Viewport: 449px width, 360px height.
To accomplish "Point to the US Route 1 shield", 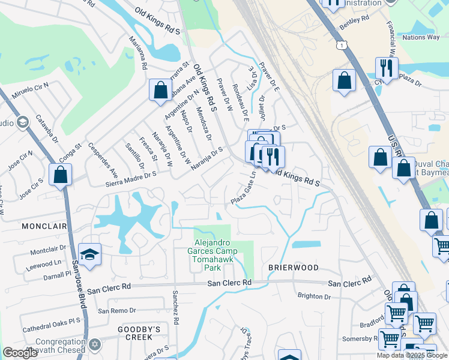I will (x=342, y=46).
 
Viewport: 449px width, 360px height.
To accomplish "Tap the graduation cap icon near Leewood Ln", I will (x=89, y=255).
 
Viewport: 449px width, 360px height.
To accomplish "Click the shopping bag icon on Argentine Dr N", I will (x=160, y=91).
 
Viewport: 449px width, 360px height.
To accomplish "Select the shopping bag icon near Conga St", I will (x=60, y=175).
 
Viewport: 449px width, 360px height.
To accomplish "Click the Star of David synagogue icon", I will (x=95, y=344).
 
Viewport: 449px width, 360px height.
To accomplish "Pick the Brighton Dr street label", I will (x=314, y=296).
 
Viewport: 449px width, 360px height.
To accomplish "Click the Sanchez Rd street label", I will (x=175, y=307).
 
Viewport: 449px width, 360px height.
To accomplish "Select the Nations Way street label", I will (x=421, y=37).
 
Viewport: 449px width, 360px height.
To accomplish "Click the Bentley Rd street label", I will (x=354, y=23).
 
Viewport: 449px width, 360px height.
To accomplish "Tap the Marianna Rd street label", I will (x=138, y=53).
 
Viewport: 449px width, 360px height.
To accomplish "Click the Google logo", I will (x=20, y=353).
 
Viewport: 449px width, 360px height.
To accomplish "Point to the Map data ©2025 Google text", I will (x=412, y=355).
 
